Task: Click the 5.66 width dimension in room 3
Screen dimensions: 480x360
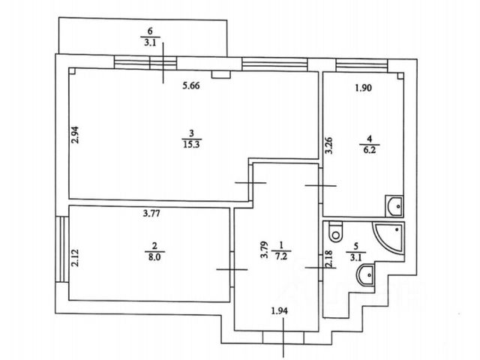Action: tap(191, 85)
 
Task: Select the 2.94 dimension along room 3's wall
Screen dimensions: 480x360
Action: tap(75, 135)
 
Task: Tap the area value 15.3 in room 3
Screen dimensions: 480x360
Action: tap(191, 144)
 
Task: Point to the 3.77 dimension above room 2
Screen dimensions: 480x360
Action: tap(151, 213)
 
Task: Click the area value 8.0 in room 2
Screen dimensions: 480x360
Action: tap(154, 256)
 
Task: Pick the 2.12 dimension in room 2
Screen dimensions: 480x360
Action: tap(75, 258)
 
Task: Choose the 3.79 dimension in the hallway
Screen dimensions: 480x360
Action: tap(264, 250)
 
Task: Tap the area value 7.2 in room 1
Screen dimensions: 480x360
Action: tap(281, 256)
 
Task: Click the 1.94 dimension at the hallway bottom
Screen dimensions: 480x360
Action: tap(280, 311)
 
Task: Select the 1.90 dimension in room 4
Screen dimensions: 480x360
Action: tap(363, 88)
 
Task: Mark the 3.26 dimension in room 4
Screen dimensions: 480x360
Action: tap(328, 145)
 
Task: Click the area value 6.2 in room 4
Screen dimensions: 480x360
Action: tap(369, 150)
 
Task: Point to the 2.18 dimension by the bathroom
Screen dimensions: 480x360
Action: tap(329, 259)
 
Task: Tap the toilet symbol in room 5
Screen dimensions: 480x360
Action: tap(336, 232)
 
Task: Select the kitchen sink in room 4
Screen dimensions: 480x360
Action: tap(394, 205)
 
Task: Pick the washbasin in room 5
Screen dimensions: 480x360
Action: tap(365, 275)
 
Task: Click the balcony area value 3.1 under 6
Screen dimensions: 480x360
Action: tap(150, 43)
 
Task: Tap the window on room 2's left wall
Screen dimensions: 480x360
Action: tap(62, 250)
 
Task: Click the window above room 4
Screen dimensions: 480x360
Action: tap(361, 65)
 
